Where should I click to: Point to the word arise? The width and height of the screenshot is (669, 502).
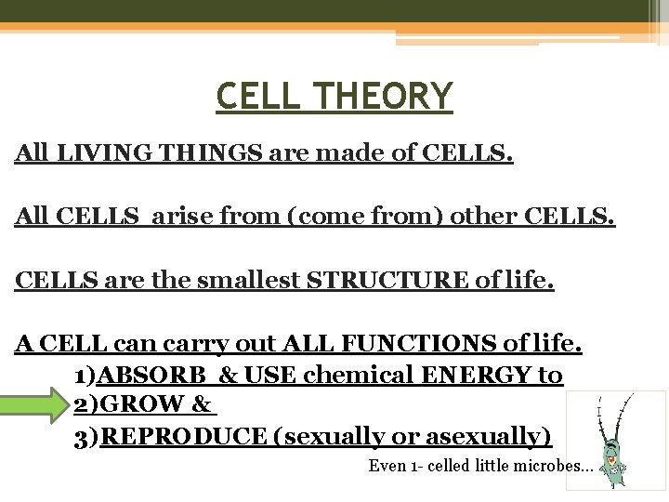[190, 217]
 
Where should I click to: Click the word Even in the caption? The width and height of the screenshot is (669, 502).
[387, 466]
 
